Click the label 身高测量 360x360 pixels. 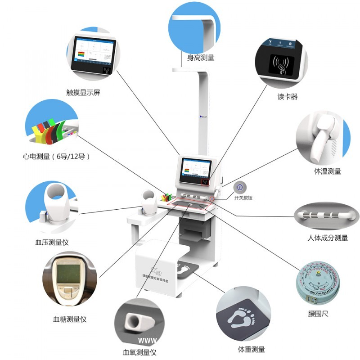click(201, 58)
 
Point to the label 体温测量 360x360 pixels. click(327, 171)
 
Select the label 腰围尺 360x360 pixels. click(319, 313)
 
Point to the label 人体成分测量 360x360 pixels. click(327, 238)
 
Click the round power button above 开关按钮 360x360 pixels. click(240, 187)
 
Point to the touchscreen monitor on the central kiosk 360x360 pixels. click(195, 170)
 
